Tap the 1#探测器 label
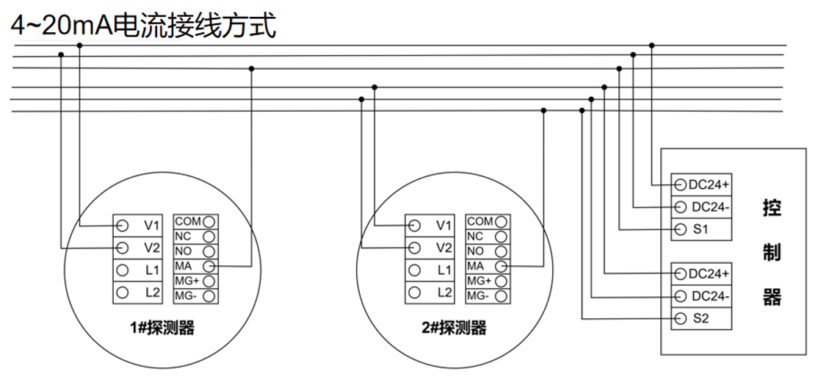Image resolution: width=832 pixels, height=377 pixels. pyautogui.click(x=162, y=328)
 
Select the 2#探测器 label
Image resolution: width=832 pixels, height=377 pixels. pyautogui.click(x=454, y=328)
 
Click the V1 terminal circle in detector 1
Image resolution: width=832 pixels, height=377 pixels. pyautogui.click(x=123, y=225)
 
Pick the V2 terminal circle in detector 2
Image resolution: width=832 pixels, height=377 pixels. pyautogui.click(x=415, y=248)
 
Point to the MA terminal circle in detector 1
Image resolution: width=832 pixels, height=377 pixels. pyautogui.click(x=209, y=265)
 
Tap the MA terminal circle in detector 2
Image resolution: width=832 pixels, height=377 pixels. pyautogui.click(x=502, y=265)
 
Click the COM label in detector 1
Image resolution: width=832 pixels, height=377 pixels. pyautogui.click(x=187, y=221)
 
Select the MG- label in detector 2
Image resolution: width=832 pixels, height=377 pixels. pyautogui.click(x=477, y=295)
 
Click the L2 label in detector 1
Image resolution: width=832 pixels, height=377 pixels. pyautogui.click(x=152, y=292)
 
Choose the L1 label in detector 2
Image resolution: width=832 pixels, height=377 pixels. pyautogui.click(x=444, y=270)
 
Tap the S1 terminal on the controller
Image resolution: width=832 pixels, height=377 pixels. pyautogui.click(x=701, y=229)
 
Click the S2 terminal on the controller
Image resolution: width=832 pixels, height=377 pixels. pyautogui.click(x=701, y=319)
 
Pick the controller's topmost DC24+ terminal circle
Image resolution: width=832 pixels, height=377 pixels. pyautogui.click(x=680, y=184)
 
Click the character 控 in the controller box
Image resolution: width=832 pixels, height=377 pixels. pyautogui.click(x=772, y=208)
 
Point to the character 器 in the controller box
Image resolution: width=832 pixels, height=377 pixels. pyautogui.click(x=772, y=298)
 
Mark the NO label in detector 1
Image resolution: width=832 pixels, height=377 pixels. pyautogui.click(x=183, y=251)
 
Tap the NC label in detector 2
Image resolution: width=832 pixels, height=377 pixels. pyautogui.click(x=475, y=236)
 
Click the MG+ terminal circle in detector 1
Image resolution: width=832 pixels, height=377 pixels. pyautogui.click(x=209, y=281)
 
